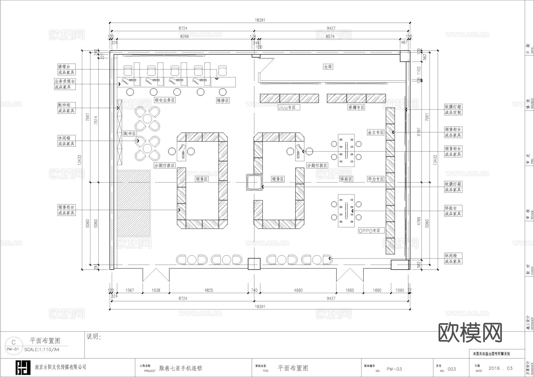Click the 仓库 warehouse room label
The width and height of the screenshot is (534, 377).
click(x=328, y=67)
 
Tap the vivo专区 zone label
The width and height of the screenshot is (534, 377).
click(x=287, y=108)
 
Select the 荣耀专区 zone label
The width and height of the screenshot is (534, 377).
click(x=356, y=108)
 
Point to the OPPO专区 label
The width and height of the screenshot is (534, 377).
click(x=369, y=231)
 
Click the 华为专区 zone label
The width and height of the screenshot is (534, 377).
click(x=376, y=179)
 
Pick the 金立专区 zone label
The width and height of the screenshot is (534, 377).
click(x=376, y=132)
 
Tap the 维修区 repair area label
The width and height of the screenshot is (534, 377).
click(x=223, y=100)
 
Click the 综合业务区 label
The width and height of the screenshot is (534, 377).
click(x=165, y=100)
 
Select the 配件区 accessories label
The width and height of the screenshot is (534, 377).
click(x=130, y=134)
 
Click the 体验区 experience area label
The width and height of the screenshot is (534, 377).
click(x=346, y=179)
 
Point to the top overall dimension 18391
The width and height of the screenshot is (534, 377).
click(x=260, y=20)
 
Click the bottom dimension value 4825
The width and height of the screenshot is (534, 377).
click(x=209, y=290)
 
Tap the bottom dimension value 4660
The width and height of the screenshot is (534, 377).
click(x=298, y=290)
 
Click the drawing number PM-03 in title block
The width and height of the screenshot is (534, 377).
click(x=394, y=369)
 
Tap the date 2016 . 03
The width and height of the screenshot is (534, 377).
click(x=500, y=368)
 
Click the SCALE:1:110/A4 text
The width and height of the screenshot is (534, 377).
click(x=42, y=349)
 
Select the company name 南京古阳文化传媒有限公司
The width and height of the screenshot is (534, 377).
click(x=61, y=367)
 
